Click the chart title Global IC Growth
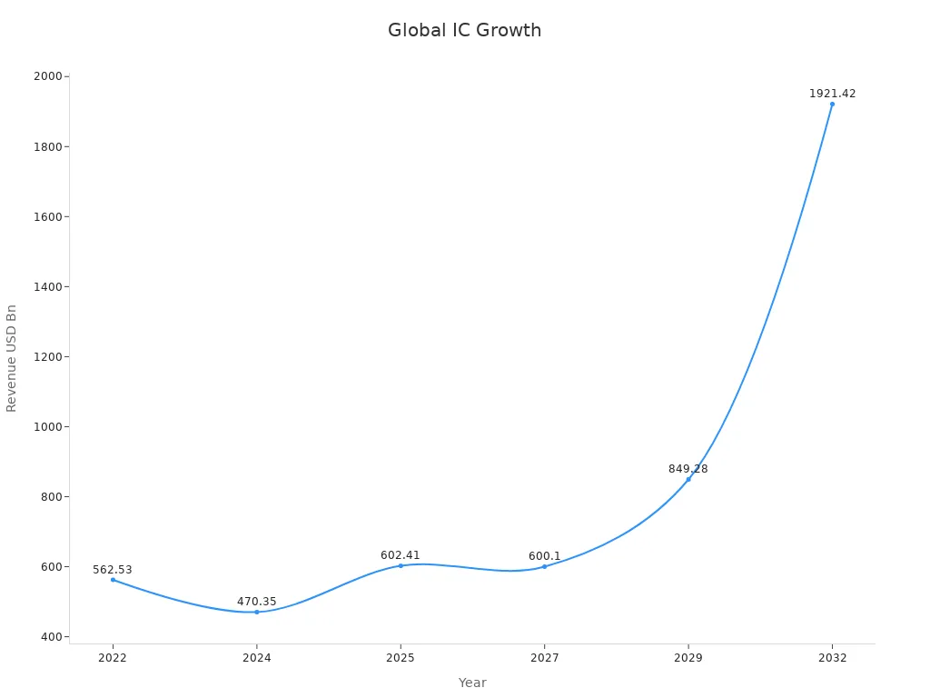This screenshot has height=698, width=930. point(464,30)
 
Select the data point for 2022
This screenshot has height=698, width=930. point(113,580)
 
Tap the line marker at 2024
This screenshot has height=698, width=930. point(257,612)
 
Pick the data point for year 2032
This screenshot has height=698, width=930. point(832,104)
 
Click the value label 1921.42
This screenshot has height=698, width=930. point(832,94)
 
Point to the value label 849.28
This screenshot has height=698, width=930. point(688,469)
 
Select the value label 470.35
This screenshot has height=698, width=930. point(257,602)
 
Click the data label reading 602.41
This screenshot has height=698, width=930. point(401,555)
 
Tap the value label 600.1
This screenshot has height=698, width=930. point(544,556)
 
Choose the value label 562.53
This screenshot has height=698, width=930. point(113,570)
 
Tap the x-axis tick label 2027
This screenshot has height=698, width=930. point(544,658)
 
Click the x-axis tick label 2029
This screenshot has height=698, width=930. point(688,658)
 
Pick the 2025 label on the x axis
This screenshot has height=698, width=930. point(401,658)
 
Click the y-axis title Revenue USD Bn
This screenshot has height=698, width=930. point(12,358)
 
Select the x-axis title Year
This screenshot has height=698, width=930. point(472,683)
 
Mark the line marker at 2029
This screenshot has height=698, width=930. point(688,479)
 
